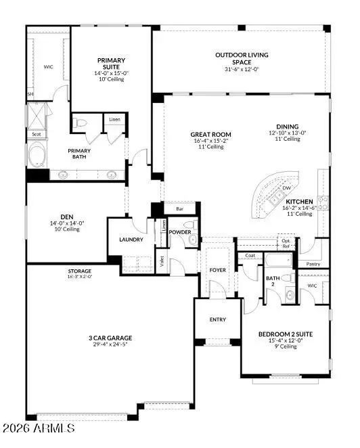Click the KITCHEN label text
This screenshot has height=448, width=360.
298,202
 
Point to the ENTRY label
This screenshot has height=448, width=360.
217,319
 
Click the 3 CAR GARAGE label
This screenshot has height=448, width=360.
109,338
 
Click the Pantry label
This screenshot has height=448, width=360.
313,264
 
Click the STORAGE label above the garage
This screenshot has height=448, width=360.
78,271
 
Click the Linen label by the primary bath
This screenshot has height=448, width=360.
115,120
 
